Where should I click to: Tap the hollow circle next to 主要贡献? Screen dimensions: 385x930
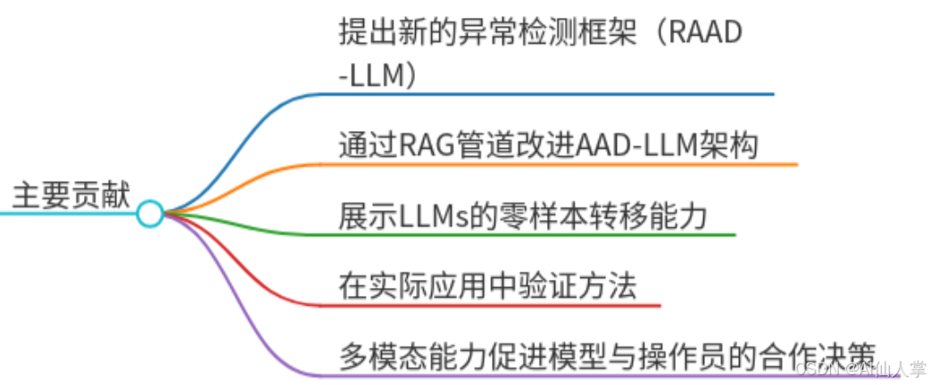coord(150,214)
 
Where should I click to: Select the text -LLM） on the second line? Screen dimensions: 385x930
coord(378,75)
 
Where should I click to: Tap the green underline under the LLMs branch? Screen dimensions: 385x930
coord(536,235)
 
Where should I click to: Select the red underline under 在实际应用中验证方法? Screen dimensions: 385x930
coord(491,306)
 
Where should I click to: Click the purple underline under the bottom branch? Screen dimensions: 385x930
coord(536,375)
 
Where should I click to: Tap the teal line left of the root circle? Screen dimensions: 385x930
coord(62,214)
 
